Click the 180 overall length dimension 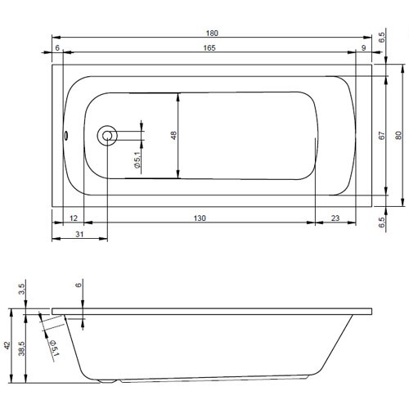[212, 34]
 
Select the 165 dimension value [209, 48]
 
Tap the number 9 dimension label [363, 48]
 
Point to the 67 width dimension [382, 136]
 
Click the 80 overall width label [398, 136]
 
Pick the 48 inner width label [173, 136]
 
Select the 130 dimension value [200, 218]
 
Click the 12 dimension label [74, 218]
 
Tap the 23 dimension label [335, 218]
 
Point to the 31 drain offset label [79, 234]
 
